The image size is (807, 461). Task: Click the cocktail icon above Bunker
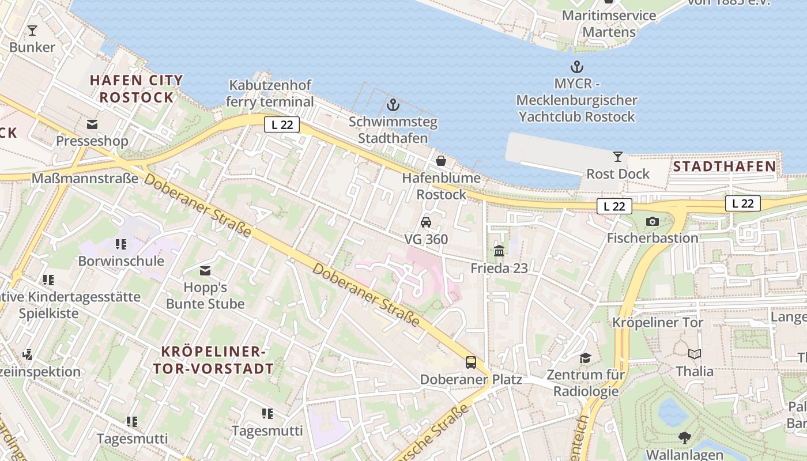32,31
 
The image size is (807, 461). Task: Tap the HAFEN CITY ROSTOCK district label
137,89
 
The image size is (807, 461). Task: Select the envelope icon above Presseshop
92,124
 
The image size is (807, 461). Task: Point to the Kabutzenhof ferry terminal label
270,93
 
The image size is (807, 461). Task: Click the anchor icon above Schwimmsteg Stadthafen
393,105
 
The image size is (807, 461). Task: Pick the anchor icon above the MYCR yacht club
576,67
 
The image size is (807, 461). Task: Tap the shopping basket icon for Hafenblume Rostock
441,161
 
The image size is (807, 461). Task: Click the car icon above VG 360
426,222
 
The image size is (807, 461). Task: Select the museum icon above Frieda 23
499,251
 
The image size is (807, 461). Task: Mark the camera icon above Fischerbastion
653,221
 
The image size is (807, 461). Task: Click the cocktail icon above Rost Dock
618,157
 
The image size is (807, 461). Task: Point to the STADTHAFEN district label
725,167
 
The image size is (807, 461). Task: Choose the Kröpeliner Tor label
658,322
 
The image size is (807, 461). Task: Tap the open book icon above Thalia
695,354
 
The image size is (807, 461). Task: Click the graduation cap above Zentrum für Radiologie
586,358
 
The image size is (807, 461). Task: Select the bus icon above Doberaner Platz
471,362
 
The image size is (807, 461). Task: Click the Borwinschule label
121,261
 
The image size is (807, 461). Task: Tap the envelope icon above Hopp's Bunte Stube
205,271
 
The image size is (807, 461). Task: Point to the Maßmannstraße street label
85,178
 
